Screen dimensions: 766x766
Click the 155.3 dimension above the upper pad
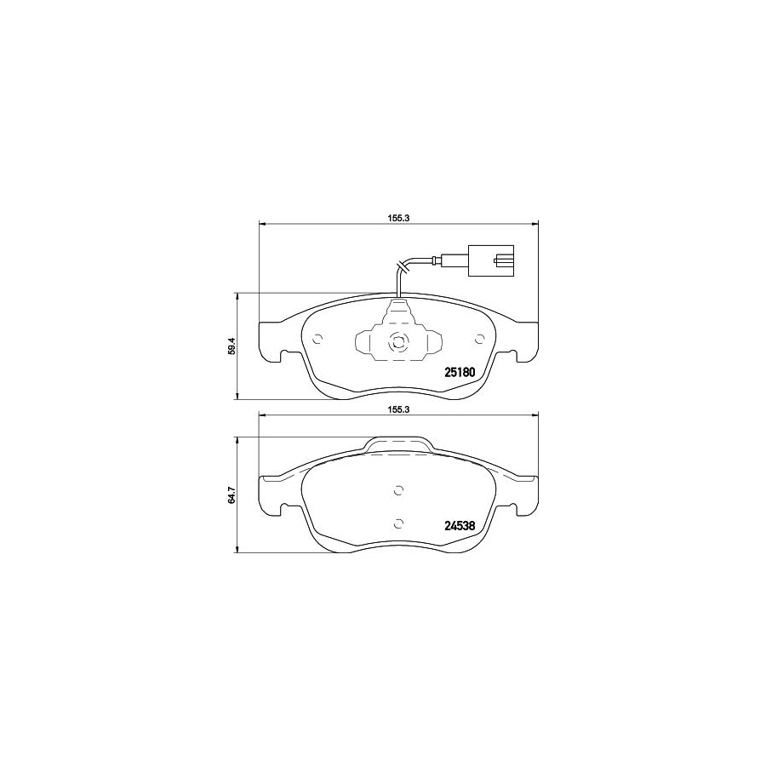pyautogui.click(x=397, y=219)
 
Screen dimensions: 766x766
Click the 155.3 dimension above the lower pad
pyautogui.click(x=397, y=410)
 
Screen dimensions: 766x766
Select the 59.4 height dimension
pyautogui.click(x=232, y=346)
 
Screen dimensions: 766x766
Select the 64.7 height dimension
pyautogui.click(x=232, y=494)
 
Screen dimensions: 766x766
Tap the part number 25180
pyautogui.click(x=460, y=372)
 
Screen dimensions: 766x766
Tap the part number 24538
pyautogui.click(x=460, y=526)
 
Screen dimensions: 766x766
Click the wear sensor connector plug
pyautogui.click(x=491, y=261)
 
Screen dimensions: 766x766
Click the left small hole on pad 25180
pyautogui.click(x=318, y=339)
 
